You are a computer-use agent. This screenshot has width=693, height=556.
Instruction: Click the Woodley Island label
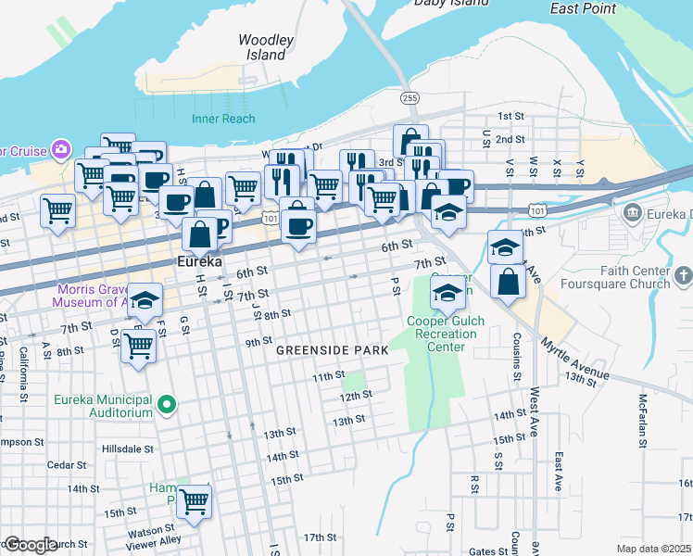tap(266, 47)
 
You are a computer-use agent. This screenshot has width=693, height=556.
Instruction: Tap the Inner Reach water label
tap(223, 119)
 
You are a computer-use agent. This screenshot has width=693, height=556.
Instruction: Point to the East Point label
tap(583, 9)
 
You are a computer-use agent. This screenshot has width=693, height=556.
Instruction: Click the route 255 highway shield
tap(408, 97)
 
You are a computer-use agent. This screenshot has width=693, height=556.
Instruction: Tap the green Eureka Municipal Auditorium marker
tap(167, 403)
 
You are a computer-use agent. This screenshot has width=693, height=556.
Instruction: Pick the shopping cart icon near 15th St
tap(195, 501)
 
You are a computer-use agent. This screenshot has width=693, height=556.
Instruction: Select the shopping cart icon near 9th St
tap(139, 346)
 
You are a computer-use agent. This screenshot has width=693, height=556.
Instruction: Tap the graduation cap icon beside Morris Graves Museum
tap(145, 299)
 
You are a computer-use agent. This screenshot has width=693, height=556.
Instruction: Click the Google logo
tap(30, 545)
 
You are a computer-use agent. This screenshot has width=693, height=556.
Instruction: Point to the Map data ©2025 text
tap(653, 549)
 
